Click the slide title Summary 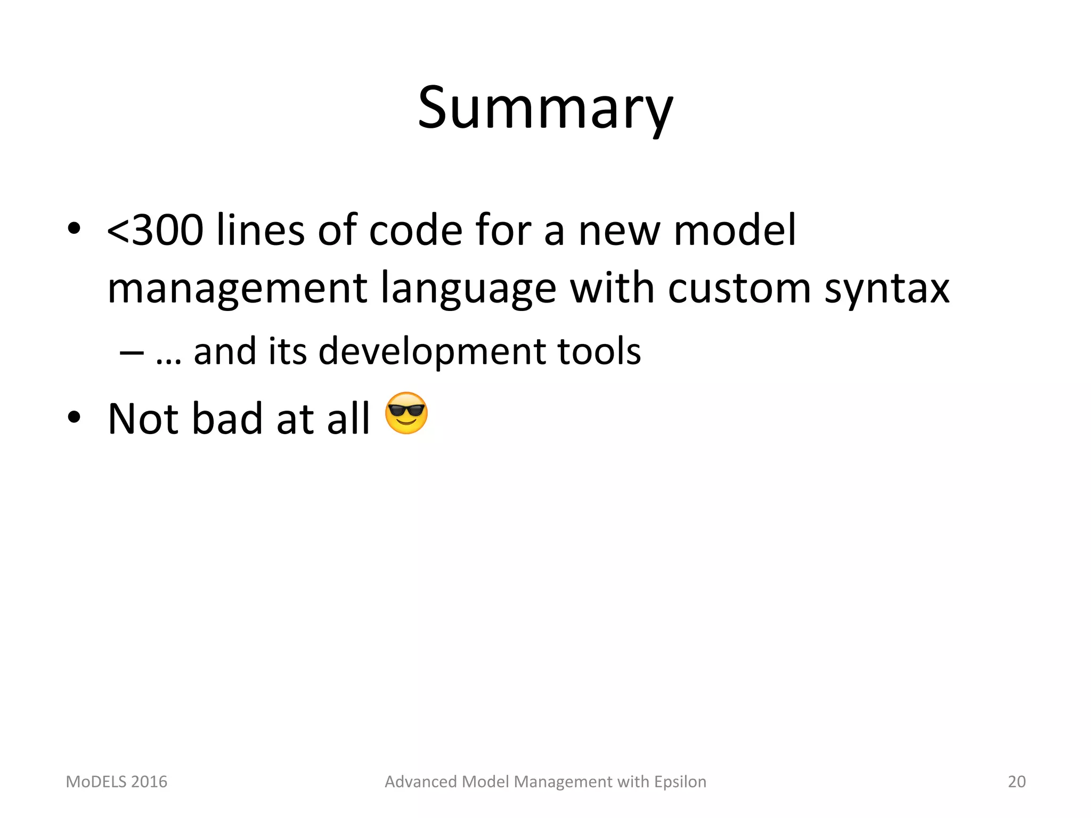pyautogui.click(x=545, y=109)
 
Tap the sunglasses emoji pyautogui.click(x=406, y=413)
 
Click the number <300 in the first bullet pyautogui.click(x=155, y=231)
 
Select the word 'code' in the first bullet pyautogui.click(x=416, y=231)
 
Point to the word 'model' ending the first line pyautogui.click(x=735, y=231)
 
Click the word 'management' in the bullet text pyautogui.click(x=238, y=289)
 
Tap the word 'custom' pyautogui.click(x=739, y=288)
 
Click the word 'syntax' pyautogui.click(x=887, y=289)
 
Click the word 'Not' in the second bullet pyautogui.click(x=143, y=419)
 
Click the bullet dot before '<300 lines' pyautogui.click(x=74, y=229)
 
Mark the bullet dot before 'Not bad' pyautogui.click(x=74, y=417)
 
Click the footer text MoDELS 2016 pyautogui.click(x=116, y=782)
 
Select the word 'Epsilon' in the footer pyautogui.click(x=680, y=782)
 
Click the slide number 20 pyautogui.click(x=1016, y=782)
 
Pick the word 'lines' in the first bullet pyautogui.click(x=260, y=231)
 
